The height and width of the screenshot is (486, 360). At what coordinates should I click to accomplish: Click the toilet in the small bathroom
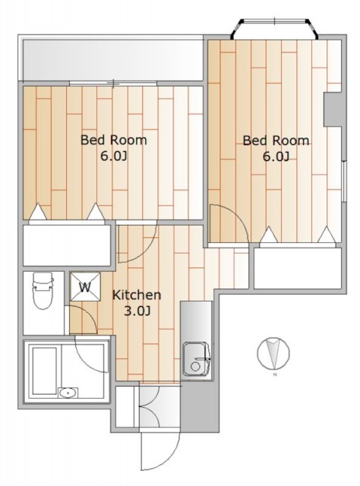(x=43, y=290)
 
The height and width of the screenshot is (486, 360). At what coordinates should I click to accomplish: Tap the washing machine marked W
(x=85, y=287)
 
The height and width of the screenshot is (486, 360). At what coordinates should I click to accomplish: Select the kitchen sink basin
(x=195, y=358)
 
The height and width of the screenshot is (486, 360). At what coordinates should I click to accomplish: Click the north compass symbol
(x=273, y=353)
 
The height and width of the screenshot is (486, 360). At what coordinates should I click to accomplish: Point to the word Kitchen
(x=137, y=295)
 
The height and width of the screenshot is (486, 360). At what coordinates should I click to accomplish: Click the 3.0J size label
(x=137, y=311)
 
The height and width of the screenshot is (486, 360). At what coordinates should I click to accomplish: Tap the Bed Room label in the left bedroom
(x=113, y=140)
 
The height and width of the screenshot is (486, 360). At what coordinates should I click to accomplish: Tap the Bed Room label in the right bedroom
(x=276, y=140)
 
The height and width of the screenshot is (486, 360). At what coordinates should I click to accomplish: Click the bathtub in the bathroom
(x=45, y=371)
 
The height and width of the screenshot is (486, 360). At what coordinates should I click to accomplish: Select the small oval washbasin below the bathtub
(x=68, y=393)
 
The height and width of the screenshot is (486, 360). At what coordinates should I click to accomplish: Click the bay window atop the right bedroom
(x=275, y=29)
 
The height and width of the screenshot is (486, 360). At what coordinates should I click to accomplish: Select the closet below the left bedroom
(x=68, y=245)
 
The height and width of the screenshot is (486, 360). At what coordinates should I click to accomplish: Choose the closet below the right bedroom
(x=298, y=268)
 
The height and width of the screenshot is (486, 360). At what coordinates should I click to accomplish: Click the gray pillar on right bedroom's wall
(x=333, y=109)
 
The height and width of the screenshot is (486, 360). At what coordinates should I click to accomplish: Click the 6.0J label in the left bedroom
(x=113, y=156)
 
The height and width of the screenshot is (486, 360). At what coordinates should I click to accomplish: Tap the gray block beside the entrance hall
(x=200, y=406)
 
